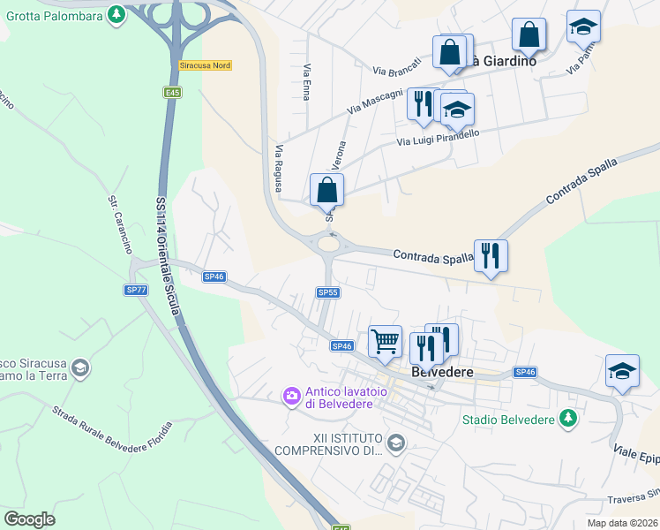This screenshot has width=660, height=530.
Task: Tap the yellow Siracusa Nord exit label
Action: click(x=205, y=65)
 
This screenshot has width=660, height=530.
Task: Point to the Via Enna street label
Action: click(x=307, y=81)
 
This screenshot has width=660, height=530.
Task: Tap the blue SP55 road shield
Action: click(x=327, y=292)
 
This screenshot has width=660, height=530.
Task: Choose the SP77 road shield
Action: click(x=135, y=290)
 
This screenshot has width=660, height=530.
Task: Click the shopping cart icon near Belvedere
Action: click(x=385, y=341)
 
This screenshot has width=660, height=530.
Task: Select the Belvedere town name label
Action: click(x=443, y=373)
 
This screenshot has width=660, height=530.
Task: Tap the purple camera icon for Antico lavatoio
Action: click(x=291, y=397)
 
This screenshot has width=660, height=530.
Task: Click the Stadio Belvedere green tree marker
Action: click(x=569, y=419)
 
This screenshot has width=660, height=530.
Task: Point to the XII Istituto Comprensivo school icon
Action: click(x=396, y=442)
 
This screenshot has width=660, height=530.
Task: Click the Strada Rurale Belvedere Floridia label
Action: click(x=112, y=424)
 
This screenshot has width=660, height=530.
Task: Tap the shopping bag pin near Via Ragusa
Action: click(x=326, y=190)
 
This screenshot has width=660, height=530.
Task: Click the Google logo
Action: click(x=29, y=519)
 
